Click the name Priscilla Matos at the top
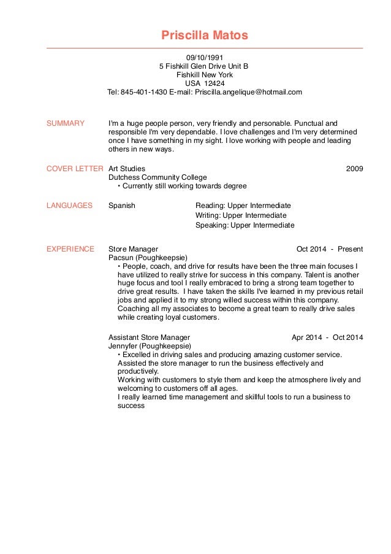click(205, 35)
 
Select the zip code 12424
click(214, 83)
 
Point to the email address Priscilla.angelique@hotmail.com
click(249, 92)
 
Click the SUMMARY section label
click(66, 123)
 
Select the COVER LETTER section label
click(75, 168)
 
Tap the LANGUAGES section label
click(69, 206)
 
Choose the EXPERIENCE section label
click(70, 249)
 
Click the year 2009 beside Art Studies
click(354, 168)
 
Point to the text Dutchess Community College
click(158, 177)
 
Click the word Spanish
click(121, 206)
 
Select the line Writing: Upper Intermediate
click(241, 215)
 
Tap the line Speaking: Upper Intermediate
click(245, 225)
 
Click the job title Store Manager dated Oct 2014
click(133, 249)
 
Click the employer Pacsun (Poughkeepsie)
click(148, 258)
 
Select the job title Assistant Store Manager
click(149, 337)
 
